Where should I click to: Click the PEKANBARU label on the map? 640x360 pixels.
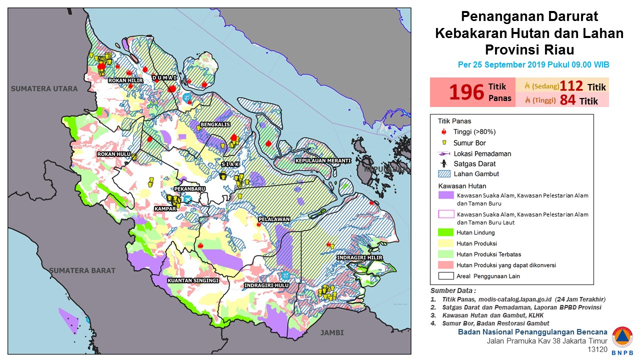189,189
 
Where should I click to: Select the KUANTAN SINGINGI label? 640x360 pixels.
193,280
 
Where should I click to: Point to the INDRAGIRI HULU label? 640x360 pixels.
266,285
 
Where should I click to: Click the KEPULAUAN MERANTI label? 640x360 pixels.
322,160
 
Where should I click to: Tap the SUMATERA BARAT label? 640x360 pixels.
82,270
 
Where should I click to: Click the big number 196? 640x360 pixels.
466,92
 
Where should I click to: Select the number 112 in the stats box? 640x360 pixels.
571,86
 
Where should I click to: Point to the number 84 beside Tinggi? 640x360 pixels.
567,100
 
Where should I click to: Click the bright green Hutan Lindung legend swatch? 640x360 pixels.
445,232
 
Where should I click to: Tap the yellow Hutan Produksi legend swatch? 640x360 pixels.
445,243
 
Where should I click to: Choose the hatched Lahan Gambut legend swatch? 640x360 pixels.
445,174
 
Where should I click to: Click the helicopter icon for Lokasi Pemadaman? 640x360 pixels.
444,153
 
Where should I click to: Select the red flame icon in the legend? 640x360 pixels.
444,132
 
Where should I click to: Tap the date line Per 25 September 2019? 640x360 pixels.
533,65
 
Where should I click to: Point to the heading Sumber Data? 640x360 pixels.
453,291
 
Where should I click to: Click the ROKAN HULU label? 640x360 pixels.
113,154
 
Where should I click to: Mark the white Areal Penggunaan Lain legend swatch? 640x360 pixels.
445,275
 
